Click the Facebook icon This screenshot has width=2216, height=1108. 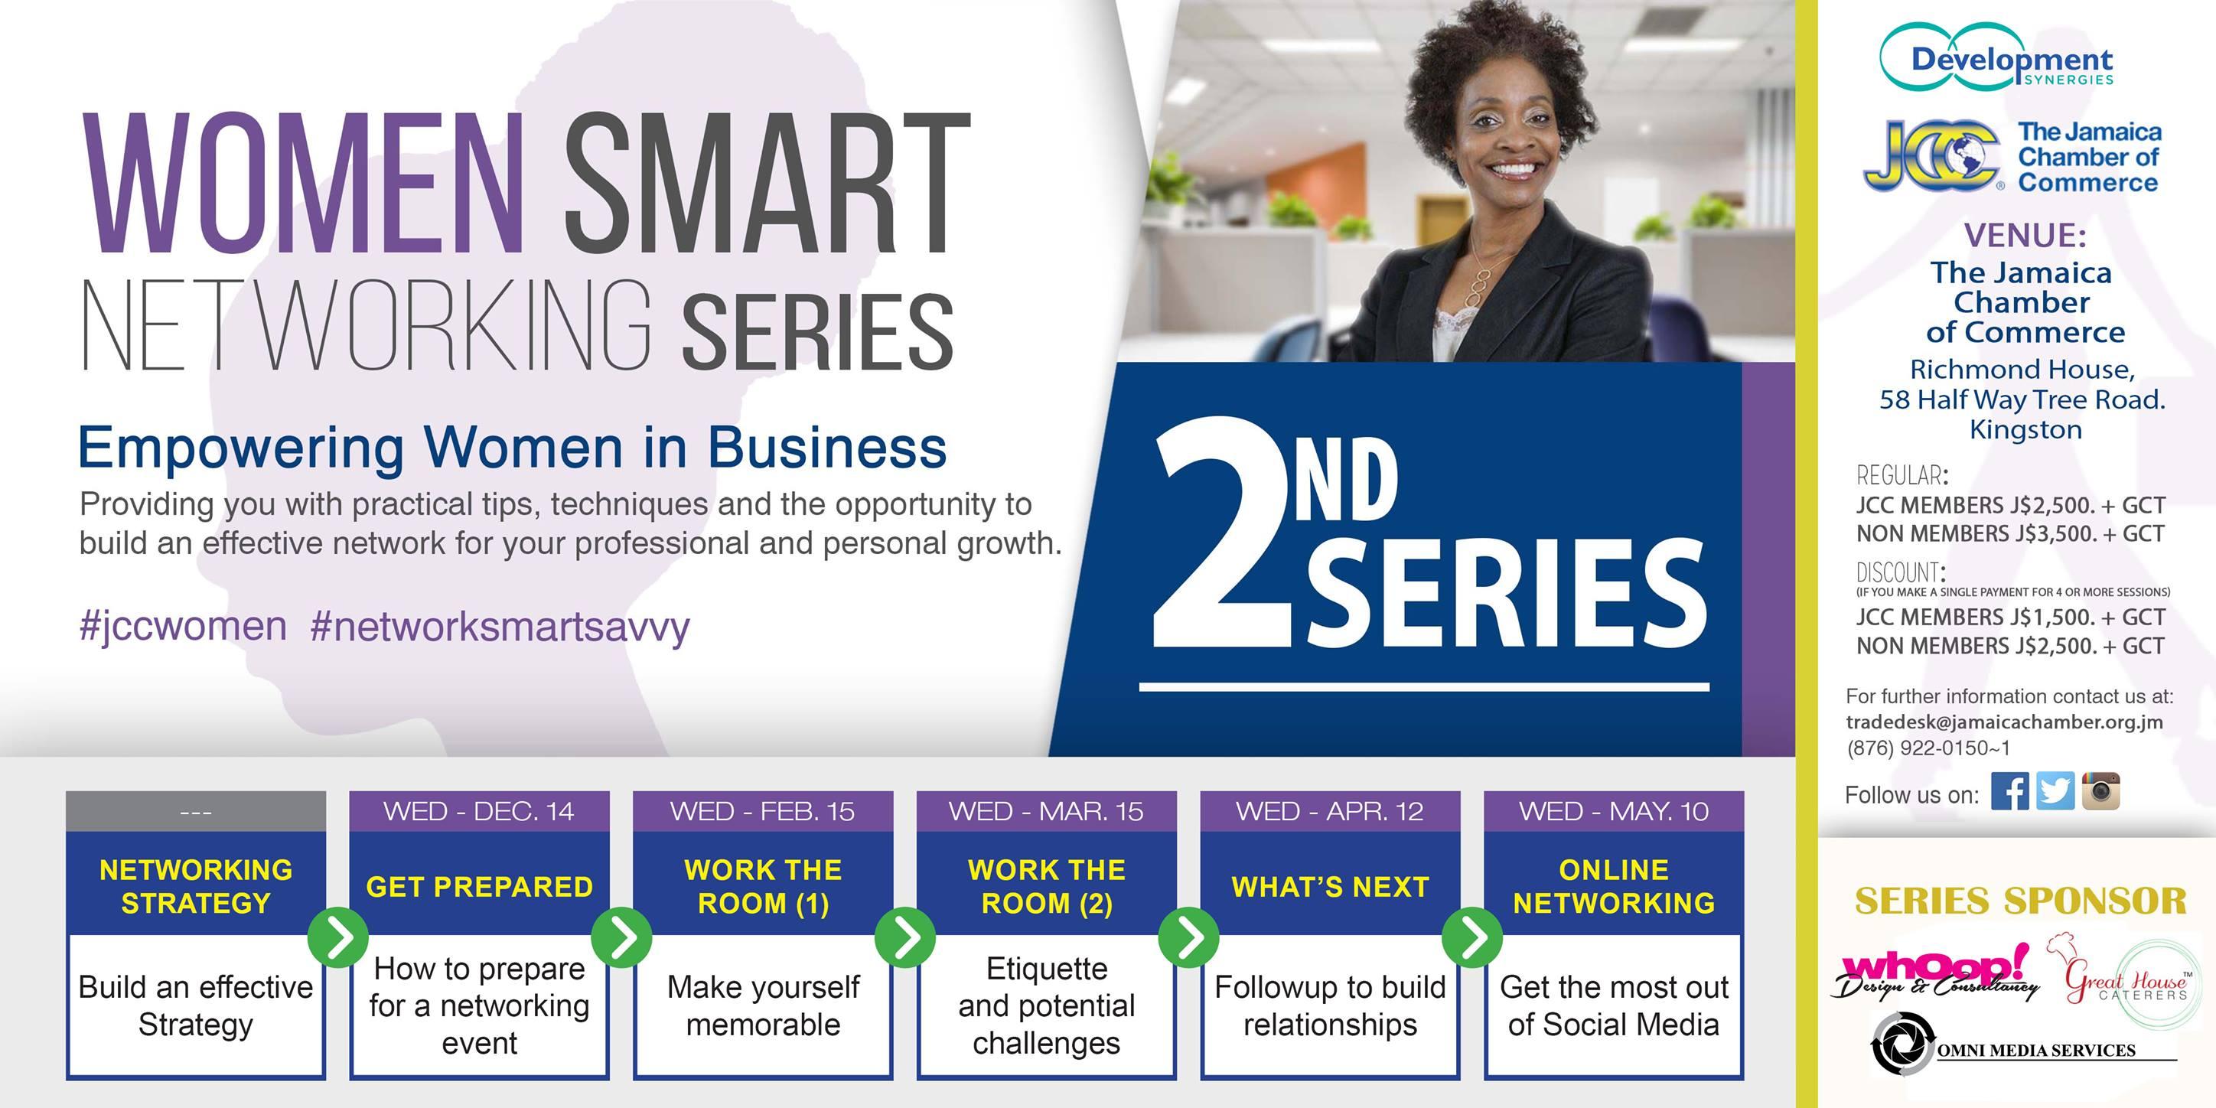(2009, 791)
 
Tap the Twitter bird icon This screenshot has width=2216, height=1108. (2055, 791)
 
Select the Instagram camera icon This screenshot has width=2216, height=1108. (2100, 791)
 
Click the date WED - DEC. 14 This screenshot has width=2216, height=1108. (479, 811)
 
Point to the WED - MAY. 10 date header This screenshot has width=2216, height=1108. (1614, 811)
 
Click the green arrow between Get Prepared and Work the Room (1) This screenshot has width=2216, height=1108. (621, 937)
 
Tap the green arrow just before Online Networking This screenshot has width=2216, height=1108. (1472, 937)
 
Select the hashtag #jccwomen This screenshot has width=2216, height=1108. (182, 626)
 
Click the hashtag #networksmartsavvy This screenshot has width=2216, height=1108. (500, 628)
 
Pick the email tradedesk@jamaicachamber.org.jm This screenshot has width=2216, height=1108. (2004, 722)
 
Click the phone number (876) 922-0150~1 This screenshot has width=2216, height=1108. (1928, 748)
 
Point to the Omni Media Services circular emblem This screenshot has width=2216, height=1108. (1902, 1044)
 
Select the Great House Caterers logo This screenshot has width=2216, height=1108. (2125, 982)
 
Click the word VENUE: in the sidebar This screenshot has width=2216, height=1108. (2024, 235)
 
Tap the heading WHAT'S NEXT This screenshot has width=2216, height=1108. (1330, 886)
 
